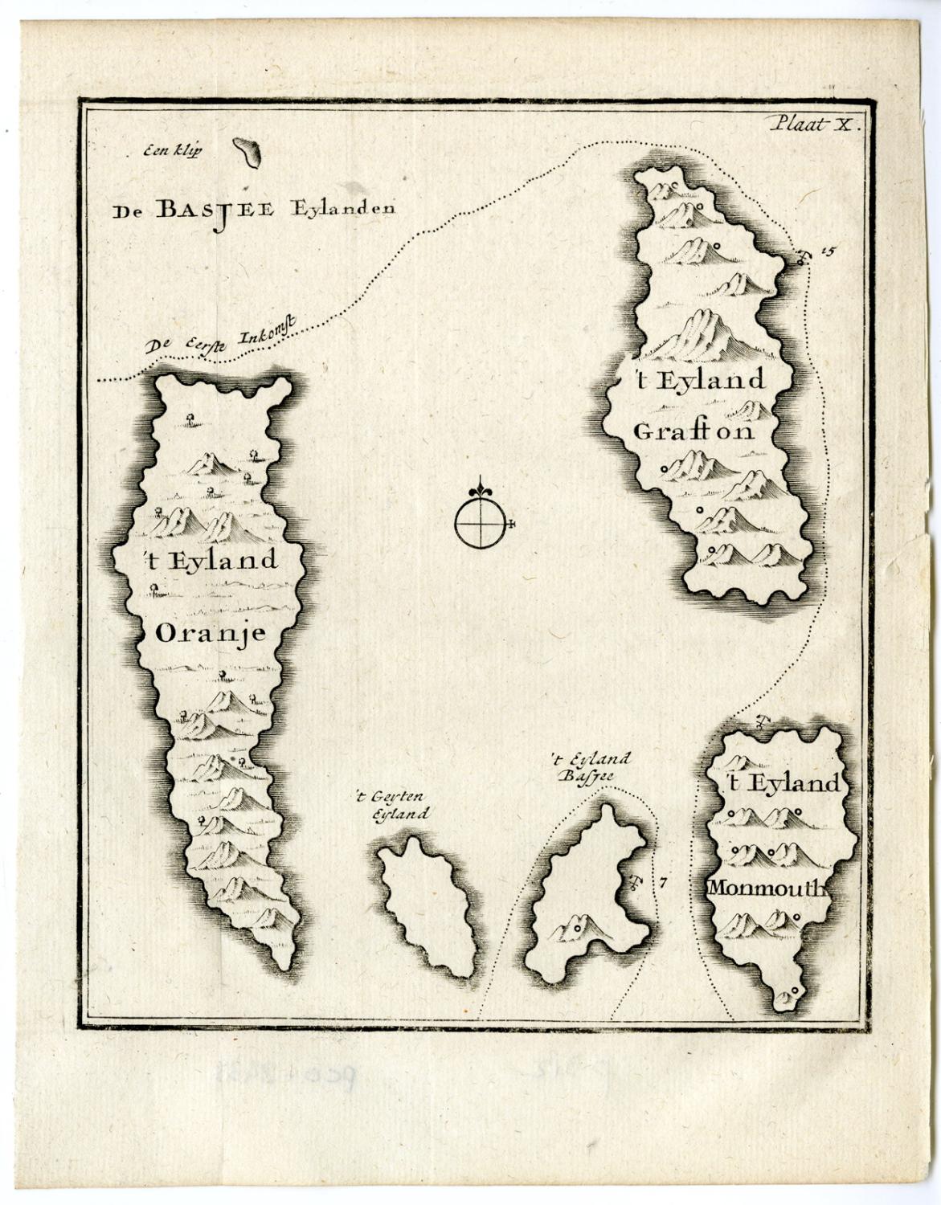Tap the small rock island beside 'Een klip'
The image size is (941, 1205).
tap(247, 152)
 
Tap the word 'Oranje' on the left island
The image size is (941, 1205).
tap(210, 633)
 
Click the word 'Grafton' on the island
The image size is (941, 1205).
tap(693, 431)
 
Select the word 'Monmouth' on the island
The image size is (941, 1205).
tap(767, 888)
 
